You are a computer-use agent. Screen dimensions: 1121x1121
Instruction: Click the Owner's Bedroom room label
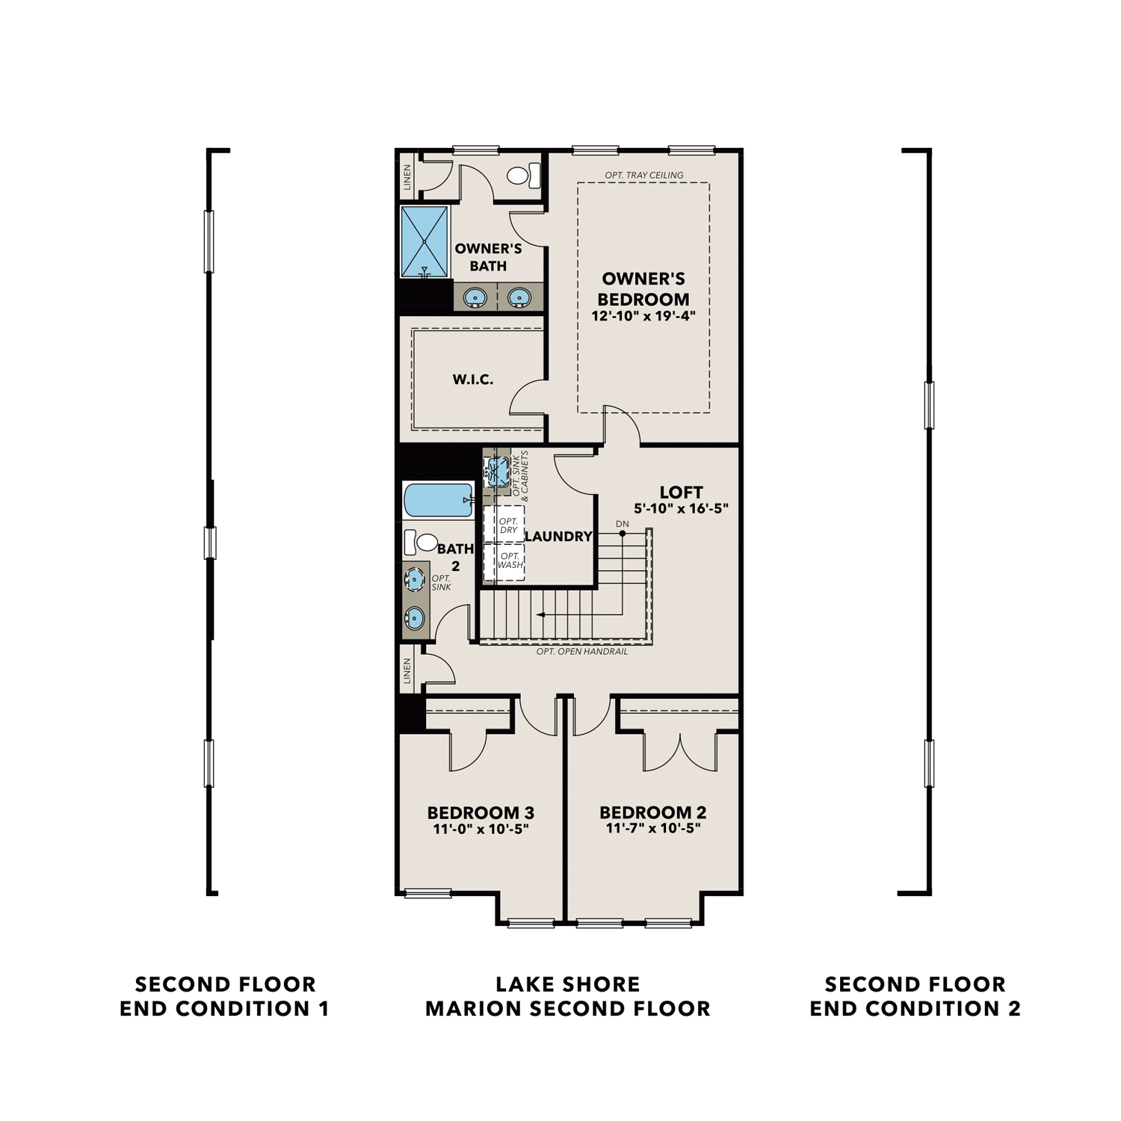coord(643,288)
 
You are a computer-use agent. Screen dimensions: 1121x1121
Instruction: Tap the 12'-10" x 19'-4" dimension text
coord(643,315)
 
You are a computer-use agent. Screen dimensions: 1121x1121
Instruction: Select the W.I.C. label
coord(472,380)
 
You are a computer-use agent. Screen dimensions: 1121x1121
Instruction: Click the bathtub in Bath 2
coord(437,500)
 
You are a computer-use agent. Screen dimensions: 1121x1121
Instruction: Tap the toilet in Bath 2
coord(421,542)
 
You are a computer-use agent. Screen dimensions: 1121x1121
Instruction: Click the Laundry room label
coord(558,536)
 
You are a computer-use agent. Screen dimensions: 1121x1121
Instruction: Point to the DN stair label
coord(623,524)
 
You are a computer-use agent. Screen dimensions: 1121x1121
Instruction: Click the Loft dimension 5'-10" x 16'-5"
coord(681,509)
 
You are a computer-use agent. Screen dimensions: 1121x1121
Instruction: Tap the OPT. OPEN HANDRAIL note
coord(581,652)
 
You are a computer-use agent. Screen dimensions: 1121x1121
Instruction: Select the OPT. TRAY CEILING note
coord(643,176)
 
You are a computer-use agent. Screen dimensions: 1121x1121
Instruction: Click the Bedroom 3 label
coord(481,812)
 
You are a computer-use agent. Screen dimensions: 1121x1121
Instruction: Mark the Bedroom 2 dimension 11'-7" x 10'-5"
coord(652,828)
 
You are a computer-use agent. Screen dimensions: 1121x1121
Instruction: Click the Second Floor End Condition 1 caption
coord(224,996)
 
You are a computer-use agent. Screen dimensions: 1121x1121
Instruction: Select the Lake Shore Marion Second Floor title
coord(567,996)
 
